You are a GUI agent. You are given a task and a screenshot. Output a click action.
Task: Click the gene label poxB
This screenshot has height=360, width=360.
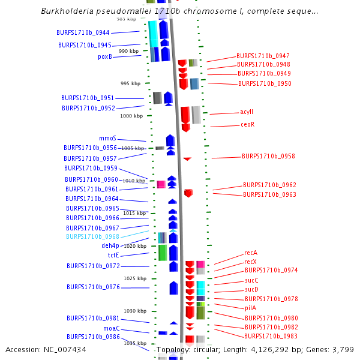tap(105, 57)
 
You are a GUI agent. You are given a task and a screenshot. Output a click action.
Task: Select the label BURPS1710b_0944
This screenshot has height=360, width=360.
tap(83, 32)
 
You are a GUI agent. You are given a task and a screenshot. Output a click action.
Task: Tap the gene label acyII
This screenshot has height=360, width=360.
tap(247, 112)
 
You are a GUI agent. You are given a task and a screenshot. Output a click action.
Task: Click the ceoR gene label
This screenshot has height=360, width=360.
tap(248, 125)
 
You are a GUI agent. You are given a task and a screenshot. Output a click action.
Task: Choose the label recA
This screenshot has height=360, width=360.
tap(251, 253)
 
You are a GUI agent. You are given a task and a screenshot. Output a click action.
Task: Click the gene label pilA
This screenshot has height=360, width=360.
tap(250, 308)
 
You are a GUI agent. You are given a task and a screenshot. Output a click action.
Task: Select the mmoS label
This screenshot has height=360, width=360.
tap(107, 138)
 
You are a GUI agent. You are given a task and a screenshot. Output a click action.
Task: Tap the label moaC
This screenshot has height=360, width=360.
tap(112, 328)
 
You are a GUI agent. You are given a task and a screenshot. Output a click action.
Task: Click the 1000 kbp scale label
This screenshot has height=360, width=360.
tap(131, 116)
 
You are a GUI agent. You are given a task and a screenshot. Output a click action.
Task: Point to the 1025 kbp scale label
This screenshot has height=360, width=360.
tap(134, 278)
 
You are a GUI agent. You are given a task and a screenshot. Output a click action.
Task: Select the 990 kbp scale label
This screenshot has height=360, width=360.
tap(128, 51)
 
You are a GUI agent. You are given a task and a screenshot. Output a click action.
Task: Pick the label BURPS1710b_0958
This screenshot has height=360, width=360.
tap(268, 156)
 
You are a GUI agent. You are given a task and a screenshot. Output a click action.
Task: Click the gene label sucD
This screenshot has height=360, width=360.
tap(251, 290)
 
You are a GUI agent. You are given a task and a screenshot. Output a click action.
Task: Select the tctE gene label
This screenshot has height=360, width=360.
tap(113, 255)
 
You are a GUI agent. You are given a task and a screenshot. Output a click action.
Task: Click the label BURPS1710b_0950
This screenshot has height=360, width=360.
tap(265, 83)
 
